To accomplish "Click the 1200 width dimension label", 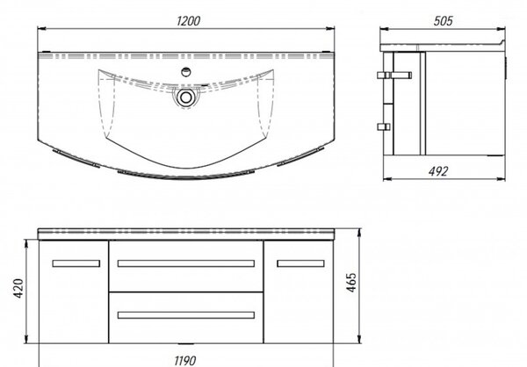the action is tap(188, 21).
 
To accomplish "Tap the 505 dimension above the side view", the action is tap(443, 21).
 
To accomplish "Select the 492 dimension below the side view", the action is tap(438, 171).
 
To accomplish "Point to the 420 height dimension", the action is tap(18, 288).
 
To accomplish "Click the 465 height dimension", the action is tap(351, 283).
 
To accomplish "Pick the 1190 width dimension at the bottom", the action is tap(185, 361).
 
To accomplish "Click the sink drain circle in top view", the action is tap(185, 97).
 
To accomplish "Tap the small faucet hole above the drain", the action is tap(186, 72).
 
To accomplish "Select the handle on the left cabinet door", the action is tap(76, 263).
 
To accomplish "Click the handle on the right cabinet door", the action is tap(300, 263).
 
